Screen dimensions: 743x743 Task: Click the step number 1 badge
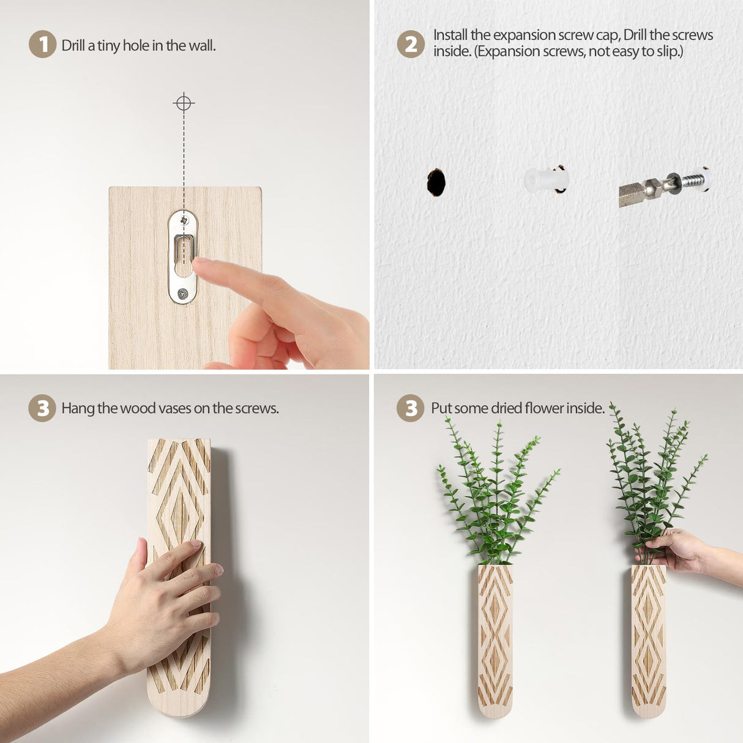42,45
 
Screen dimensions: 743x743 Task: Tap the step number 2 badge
411,45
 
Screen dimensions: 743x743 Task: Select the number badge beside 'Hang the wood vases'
42,409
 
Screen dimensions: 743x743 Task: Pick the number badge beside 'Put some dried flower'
411,409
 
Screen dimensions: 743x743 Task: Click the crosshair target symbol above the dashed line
184,103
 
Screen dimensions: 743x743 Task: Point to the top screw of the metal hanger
183,219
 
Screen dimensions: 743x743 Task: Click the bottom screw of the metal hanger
182,294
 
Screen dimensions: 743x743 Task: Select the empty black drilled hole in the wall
436,182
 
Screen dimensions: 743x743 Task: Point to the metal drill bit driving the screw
640,192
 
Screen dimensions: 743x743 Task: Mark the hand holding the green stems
673,551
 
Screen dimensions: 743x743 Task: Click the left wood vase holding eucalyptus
495,640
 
